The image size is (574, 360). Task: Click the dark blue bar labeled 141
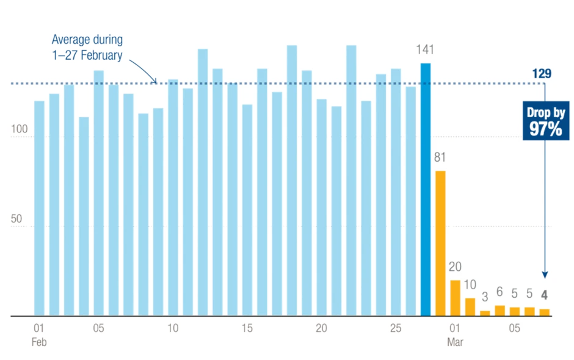426,190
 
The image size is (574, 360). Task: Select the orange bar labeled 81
440,243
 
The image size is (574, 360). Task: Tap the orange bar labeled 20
456,298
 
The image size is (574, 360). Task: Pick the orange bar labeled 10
470,307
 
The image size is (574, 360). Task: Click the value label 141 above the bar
425,49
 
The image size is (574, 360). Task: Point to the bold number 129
542,74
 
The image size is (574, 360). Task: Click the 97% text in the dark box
546,129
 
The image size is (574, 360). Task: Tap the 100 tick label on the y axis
20,129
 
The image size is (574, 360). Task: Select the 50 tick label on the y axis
16,218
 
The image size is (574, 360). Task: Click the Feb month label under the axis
39,342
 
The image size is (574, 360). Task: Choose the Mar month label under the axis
455,342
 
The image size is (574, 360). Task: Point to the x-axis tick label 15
247,328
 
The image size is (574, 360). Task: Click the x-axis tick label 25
396,328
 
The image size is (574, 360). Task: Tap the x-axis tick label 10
173,328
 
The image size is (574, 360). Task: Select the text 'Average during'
87,40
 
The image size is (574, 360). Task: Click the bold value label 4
544,295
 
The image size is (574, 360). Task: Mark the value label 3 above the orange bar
485,297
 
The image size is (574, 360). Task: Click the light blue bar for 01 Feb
39,208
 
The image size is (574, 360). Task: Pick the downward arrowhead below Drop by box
545,275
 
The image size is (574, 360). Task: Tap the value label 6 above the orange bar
500,292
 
